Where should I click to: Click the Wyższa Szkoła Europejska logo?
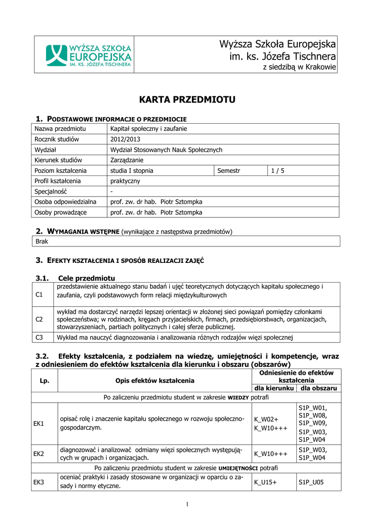88,55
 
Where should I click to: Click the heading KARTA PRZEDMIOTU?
187,99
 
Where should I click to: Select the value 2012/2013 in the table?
125,139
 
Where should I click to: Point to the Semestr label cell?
229,170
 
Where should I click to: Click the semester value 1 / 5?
278,170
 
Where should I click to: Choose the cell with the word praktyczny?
125,181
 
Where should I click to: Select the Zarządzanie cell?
127,160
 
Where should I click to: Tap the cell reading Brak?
41,242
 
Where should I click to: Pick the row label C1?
39,295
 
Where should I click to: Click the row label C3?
39,337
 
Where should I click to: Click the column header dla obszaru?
319,388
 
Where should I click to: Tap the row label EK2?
39,454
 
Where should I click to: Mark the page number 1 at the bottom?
187,504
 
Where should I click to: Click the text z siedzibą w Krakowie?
299,67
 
